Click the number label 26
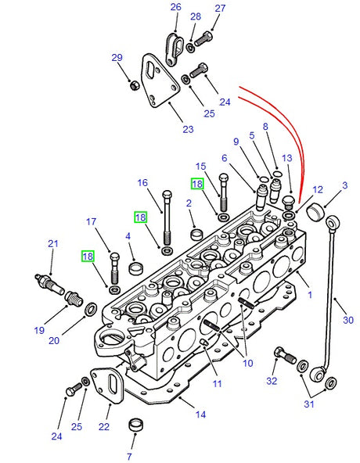pyautogui.click(x=176, y=8)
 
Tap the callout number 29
pyautogui.click(x=117, y=58)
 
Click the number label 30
pyautogui.click(x=348, y=319)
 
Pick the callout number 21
pyautogui.click(x=52, y=244)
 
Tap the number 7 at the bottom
pyautogui.click(x=129, y=456)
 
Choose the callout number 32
pyautogui.click(x=272, y=382)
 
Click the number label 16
pyautogui.click(x=142, y=183)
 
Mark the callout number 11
pyautogui.click(x=217, y=383)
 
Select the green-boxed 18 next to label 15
pyautogui.click(x=196, y=184)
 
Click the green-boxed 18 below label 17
pyautogui.click(x=87, y=256)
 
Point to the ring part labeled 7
pyautogui.click(x=139, y=424)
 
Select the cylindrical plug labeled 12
pyautogui.click(x=316, y=211)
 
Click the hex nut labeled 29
pyautogui.click(x=132, y=83)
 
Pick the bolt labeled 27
pyautogui.click(x=206, y=34)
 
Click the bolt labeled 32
pyautogui.click(x=281, y=354)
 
